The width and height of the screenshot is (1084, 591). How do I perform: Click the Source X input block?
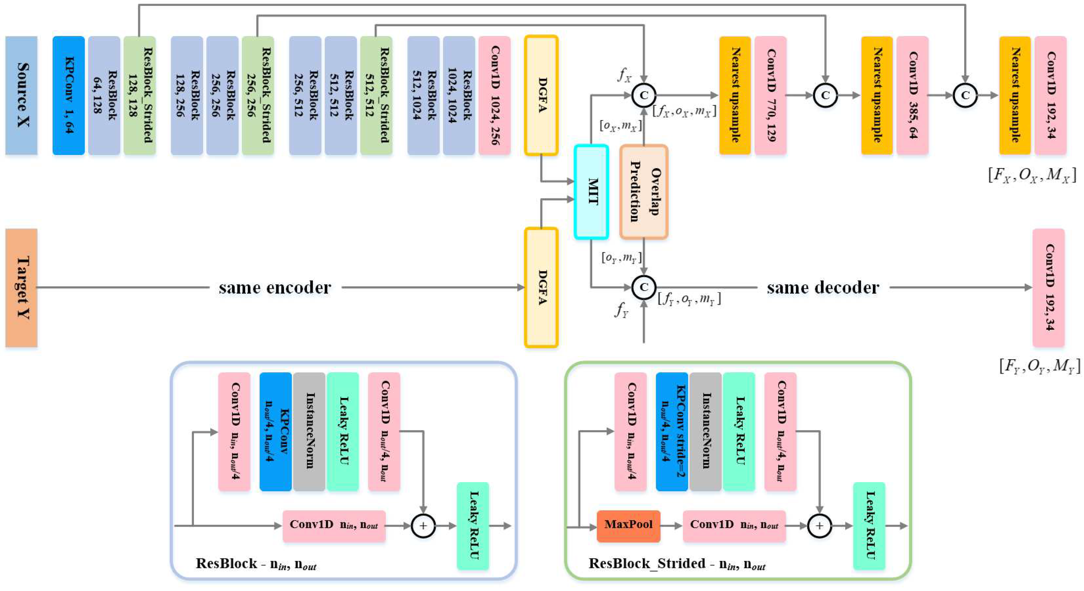pyautogui.click(x=21, y=95)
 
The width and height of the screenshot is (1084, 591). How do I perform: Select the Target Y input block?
pyautogui.click(x=21, y=288)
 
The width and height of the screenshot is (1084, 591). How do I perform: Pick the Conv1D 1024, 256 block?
pyautogui.click(x=495, y=95)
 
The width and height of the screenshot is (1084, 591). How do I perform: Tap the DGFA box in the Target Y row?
pyautogui.click(x=541, y=288)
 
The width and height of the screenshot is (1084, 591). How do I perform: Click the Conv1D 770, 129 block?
pyautogui.click(x=770, y=95)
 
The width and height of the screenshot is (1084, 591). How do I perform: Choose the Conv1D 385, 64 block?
pyautogui.click(x=912, y=95)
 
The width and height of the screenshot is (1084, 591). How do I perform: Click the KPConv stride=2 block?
pyautogui.click(x=672, y=432)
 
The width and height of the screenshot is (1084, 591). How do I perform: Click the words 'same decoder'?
pyautogui.click(x=823, y=288)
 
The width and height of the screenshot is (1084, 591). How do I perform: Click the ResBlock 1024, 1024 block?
pyautogui.click(x=459, y=95)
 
